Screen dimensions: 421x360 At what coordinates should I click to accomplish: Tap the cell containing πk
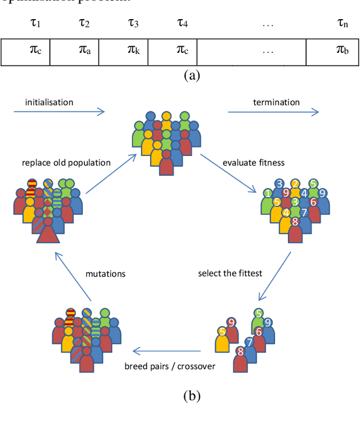coord(133,51)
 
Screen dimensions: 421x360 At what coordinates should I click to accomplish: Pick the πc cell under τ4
coord(182,51)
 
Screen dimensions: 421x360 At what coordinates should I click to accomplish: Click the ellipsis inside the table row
coord(268,51)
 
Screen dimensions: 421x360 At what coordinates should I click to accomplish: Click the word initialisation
coord(49,102)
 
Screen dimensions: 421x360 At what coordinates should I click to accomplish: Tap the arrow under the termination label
coord(272,112)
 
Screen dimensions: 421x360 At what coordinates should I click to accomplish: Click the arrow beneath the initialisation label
coord(59,112)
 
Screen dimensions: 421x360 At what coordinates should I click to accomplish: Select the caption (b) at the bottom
coord(192,396)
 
